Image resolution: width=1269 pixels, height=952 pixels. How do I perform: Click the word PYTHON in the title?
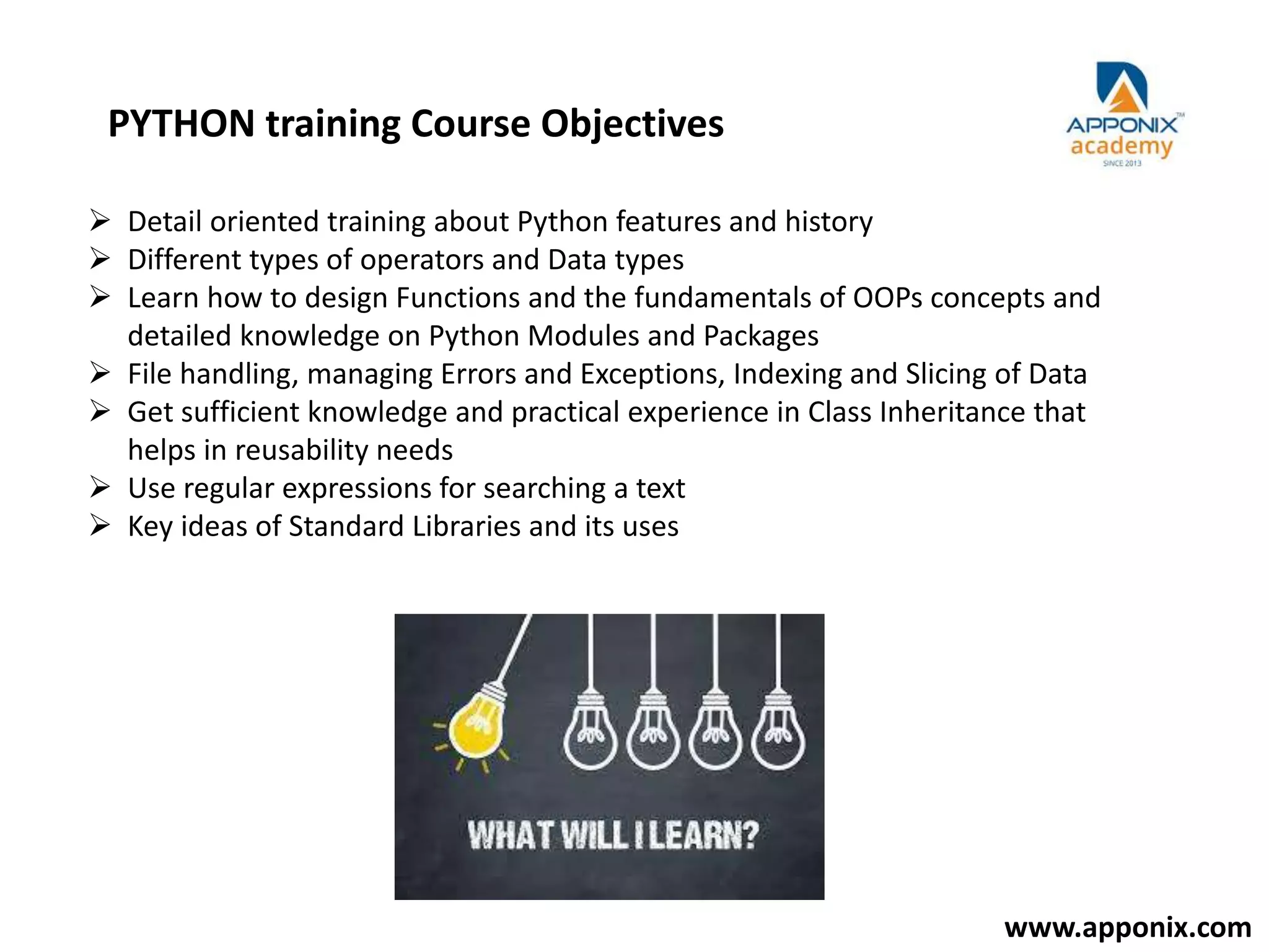tap(181, 123)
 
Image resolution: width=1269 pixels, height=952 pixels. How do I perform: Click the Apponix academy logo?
tap(1122, 115)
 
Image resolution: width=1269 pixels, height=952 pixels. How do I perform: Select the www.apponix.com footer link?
tap(1128, 928)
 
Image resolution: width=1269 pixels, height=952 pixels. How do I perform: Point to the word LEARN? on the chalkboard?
tap(703, 835)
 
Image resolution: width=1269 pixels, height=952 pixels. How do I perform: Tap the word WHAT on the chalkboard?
tap(510, 835)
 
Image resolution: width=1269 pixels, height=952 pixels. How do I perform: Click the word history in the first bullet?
tap(828, 222)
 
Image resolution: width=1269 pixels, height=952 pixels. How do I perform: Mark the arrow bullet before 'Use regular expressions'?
tap(100, 488)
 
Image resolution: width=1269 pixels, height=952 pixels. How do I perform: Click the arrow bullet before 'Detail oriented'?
tap(100, 221)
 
